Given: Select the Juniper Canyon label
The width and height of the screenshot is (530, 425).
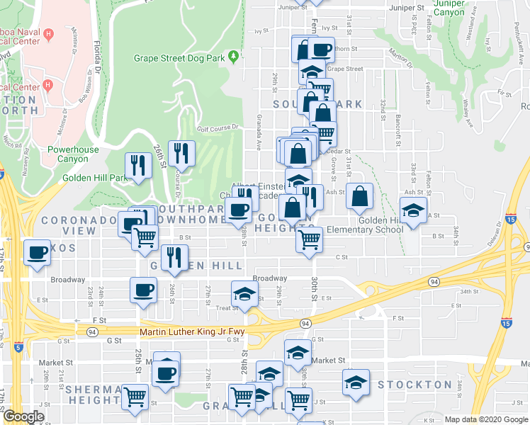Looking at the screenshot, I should coord(449,8).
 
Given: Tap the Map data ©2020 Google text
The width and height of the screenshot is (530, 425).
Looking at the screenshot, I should coord(485,419).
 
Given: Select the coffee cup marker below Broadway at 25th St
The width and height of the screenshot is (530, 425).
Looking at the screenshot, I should coord(144,290).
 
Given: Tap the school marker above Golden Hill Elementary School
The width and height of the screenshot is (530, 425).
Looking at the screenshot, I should coord(413,210).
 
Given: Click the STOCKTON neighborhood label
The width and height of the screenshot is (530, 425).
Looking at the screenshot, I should coord(415,385).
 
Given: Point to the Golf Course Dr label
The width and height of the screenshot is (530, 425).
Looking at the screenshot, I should coord(215,130).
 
